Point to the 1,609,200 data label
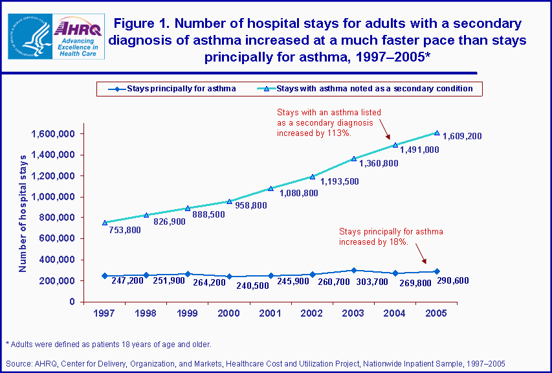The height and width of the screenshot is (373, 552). click(461, 137)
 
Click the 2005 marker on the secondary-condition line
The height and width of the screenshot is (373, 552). click(437, 133)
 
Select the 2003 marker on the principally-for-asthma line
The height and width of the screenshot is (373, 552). click(353, 270)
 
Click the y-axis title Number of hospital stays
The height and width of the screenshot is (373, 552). click(23, 213)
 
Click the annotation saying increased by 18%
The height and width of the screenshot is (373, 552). click(382, 236)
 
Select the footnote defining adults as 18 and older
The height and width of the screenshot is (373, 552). click(107, 344)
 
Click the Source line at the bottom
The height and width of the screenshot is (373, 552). click(255, 364)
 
